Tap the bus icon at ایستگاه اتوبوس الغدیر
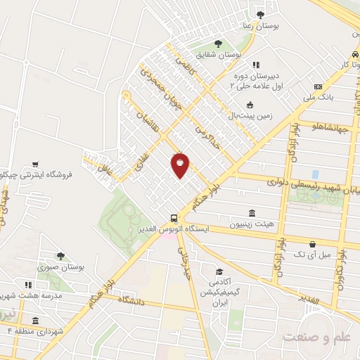point(173,217)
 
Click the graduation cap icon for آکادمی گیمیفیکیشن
point(219,271)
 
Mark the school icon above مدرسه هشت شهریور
point(28,285)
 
